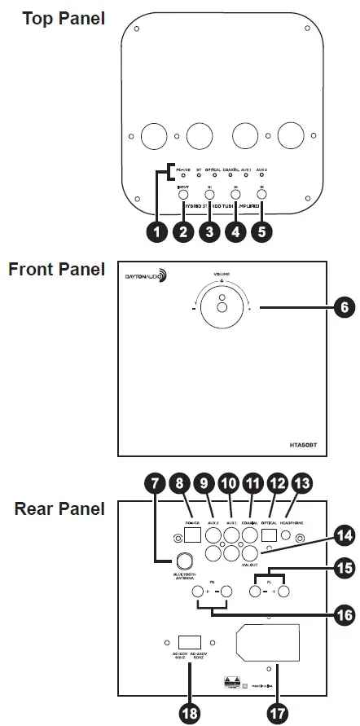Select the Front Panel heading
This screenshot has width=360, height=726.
click(56, 270)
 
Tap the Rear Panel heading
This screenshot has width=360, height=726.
click(59, 508)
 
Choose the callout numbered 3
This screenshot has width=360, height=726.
click(209, 231)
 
